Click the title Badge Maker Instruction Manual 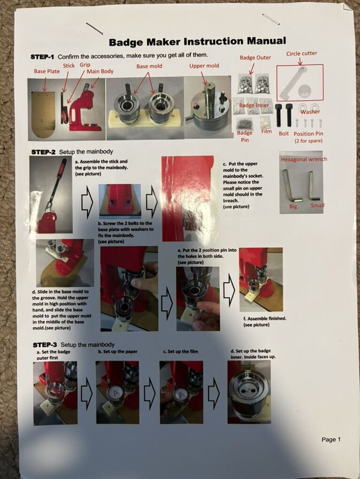pos(197,41)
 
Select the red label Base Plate pos(47,71)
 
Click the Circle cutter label pos(302,54)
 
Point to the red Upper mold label pos(204,66)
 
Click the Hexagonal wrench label pos(304,159)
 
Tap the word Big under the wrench pos(293,206)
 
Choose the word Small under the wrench pos(317,205)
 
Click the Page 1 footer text pos(331,439)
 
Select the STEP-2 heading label pos(43,152)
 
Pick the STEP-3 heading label pos(45,345)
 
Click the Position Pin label pos(308,134)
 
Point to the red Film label pos(266,131)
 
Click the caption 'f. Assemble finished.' pos(265,318)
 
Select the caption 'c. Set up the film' pos(180,351)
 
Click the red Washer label pos(310,112)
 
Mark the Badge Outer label pos(255,57)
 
